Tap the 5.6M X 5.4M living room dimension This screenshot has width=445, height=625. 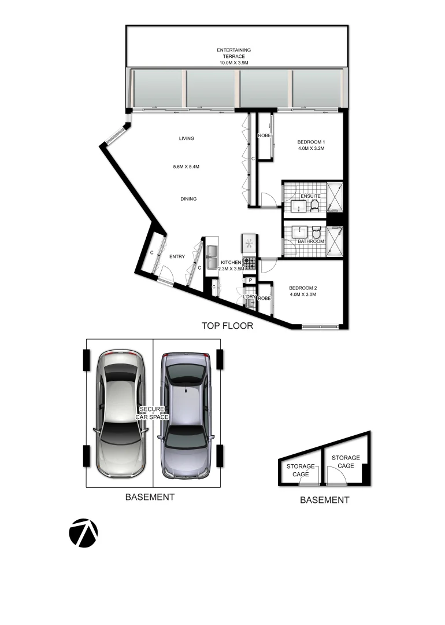(x=186, y=167)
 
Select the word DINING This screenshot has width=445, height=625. (x=188, y=199)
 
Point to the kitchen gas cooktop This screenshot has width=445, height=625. (x=250, y=263)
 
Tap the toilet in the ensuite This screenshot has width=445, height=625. (x=315, y=205)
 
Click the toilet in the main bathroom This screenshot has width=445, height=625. (x=316, y=232)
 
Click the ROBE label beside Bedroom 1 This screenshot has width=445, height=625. (x=264, y=135)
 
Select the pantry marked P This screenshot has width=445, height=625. (x=250, y=281)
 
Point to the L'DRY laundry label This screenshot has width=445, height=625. (x=250, y=297)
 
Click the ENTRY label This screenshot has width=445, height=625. (x=176, y=257)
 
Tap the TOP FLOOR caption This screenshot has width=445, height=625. (x=227, y=326)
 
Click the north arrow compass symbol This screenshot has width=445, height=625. (x=83, y=532)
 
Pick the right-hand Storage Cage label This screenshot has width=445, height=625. (x=346, y=461)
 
